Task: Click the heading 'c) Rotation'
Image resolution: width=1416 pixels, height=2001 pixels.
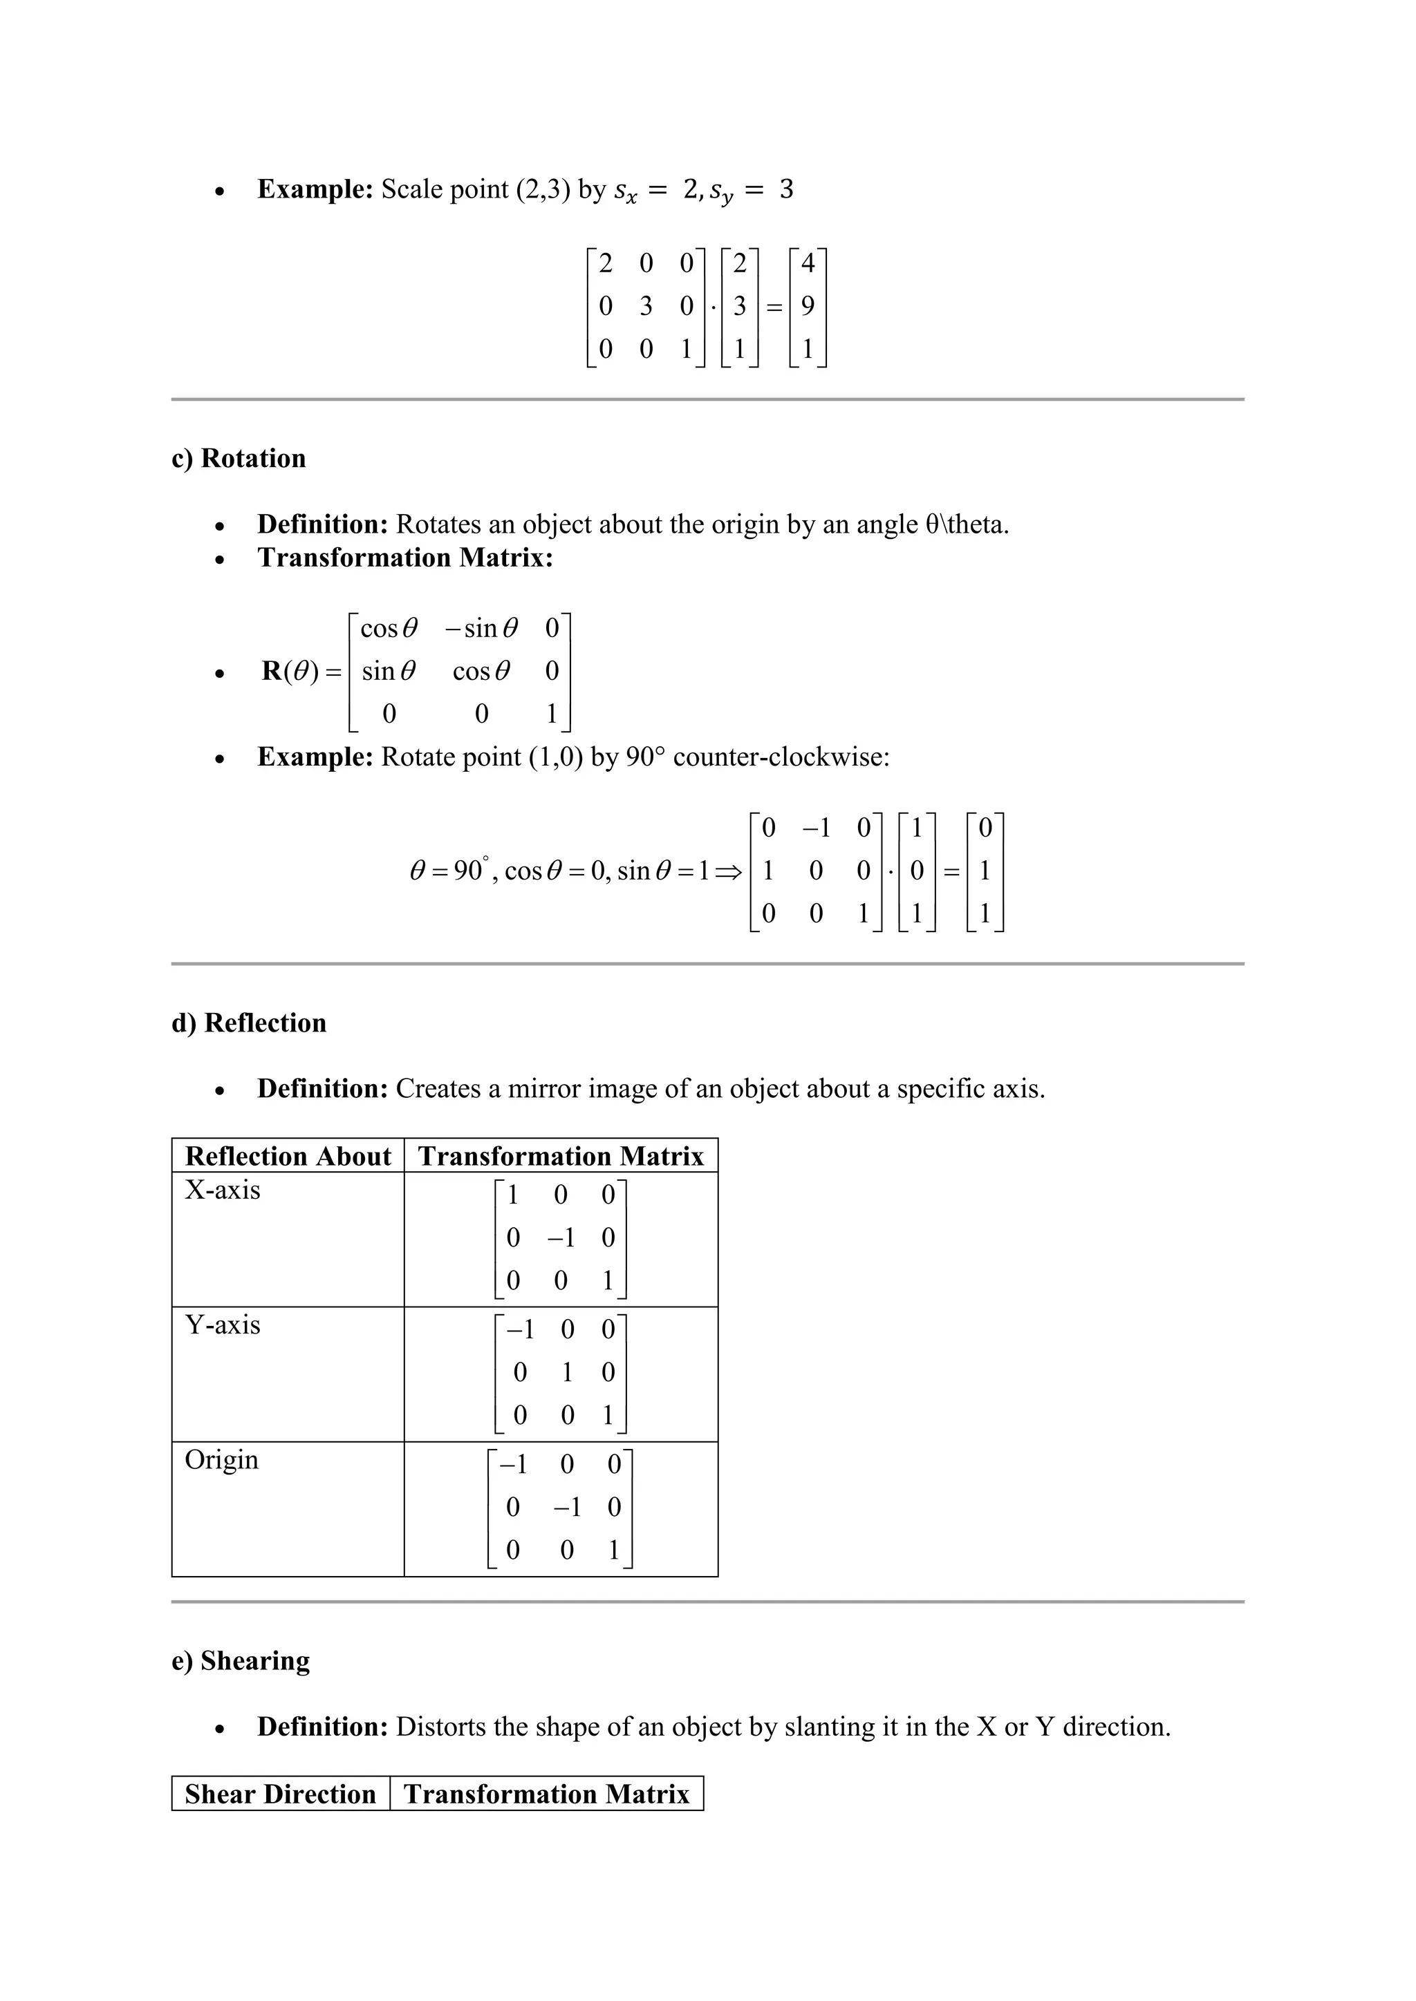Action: pos(239,458)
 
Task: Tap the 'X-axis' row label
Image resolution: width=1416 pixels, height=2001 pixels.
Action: pos(223,1191)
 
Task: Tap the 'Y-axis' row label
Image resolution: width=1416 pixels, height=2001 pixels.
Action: pos(223,1325)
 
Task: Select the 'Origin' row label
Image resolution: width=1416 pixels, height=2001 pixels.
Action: pos(221,1460)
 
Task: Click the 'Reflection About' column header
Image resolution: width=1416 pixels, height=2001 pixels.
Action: pos(288,1157)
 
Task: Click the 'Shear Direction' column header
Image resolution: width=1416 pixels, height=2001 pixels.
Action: pos(280,1794)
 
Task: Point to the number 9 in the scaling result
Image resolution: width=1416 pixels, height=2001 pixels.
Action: pos(808,306)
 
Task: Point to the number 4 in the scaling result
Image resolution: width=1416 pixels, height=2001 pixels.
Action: pos(808,263)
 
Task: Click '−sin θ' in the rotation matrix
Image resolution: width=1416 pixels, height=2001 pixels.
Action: pos(481,628)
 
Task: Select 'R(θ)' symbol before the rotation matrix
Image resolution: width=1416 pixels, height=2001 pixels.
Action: pos(291,671)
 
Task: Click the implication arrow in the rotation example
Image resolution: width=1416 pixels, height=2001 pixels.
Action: pos(728,871)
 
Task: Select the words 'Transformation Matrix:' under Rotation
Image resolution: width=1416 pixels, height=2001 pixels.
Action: pos(405,558)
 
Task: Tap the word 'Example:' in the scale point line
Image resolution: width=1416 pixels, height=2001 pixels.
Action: pos(315,189)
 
